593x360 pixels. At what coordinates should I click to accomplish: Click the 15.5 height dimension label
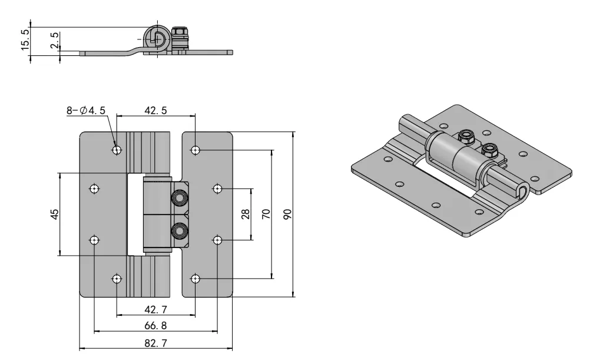coord(23,41)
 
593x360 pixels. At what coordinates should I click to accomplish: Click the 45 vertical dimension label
coord(54,214)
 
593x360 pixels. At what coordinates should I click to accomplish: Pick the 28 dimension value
coord(246,214)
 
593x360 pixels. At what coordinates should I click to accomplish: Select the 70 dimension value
coord(266,214)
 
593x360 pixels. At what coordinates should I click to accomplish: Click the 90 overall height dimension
coord(288,214)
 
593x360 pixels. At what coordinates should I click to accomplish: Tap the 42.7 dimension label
coord(155,310)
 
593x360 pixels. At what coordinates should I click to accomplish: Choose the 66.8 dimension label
coord(155,326)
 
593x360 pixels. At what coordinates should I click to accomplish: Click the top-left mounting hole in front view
coord(117,150)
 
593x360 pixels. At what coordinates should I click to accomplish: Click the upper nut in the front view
coord(178,198)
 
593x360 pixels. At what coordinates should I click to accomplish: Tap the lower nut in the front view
coord(178,230)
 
